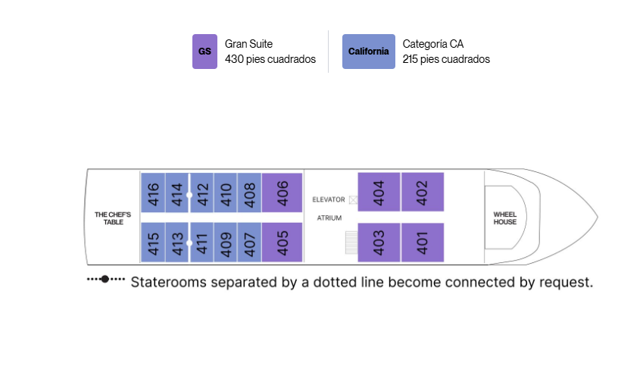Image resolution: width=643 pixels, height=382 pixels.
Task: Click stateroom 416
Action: coord(153,193)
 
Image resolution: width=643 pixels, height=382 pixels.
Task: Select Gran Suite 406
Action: coord(282,193)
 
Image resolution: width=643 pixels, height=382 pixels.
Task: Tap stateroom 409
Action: coord(226,243)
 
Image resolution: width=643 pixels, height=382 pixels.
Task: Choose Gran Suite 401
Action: coord(423,243)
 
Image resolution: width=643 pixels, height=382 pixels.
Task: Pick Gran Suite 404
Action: coord(379,192)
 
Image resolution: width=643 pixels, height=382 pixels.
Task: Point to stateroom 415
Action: coord(153,243)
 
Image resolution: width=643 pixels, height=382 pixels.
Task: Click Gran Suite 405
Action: coord(282,243)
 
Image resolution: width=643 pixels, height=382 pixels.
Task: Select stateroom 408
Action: coord(249,193)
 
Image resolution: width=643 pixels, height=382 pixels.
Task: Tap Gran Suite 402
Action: coord(423,192)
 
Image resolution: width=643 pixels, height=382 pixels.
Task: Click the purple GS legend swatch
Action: coord(204,52)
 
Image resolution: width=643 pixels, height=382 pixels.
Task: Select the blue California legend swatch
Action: coord(369,52)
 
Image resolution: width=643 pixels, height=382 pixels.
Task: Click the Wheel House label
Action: coord(505,218)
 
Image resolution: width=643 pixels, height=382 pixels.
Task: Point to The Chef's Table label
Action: coord(113,218)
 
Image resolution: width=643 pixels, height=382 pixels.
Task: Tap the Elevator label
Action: coord(329,199)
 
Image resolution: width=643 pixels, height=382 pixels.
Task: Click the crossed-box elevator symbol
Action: coord(353,200)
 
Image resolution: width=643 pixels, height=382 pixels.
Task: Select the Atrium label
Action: coord(329,218)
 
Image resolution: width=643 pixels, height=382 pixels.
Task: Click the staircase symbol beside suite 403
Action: coord(351,243)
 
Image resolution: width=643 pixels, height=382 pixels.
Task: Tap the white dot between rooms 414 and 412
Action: coord(189,195)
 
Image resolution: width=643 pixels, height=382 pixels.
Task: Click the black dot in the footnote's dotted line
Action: coord(105,279)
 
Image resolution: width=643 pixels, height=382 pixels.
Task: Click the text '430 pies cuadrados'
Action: coord(270,59)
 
